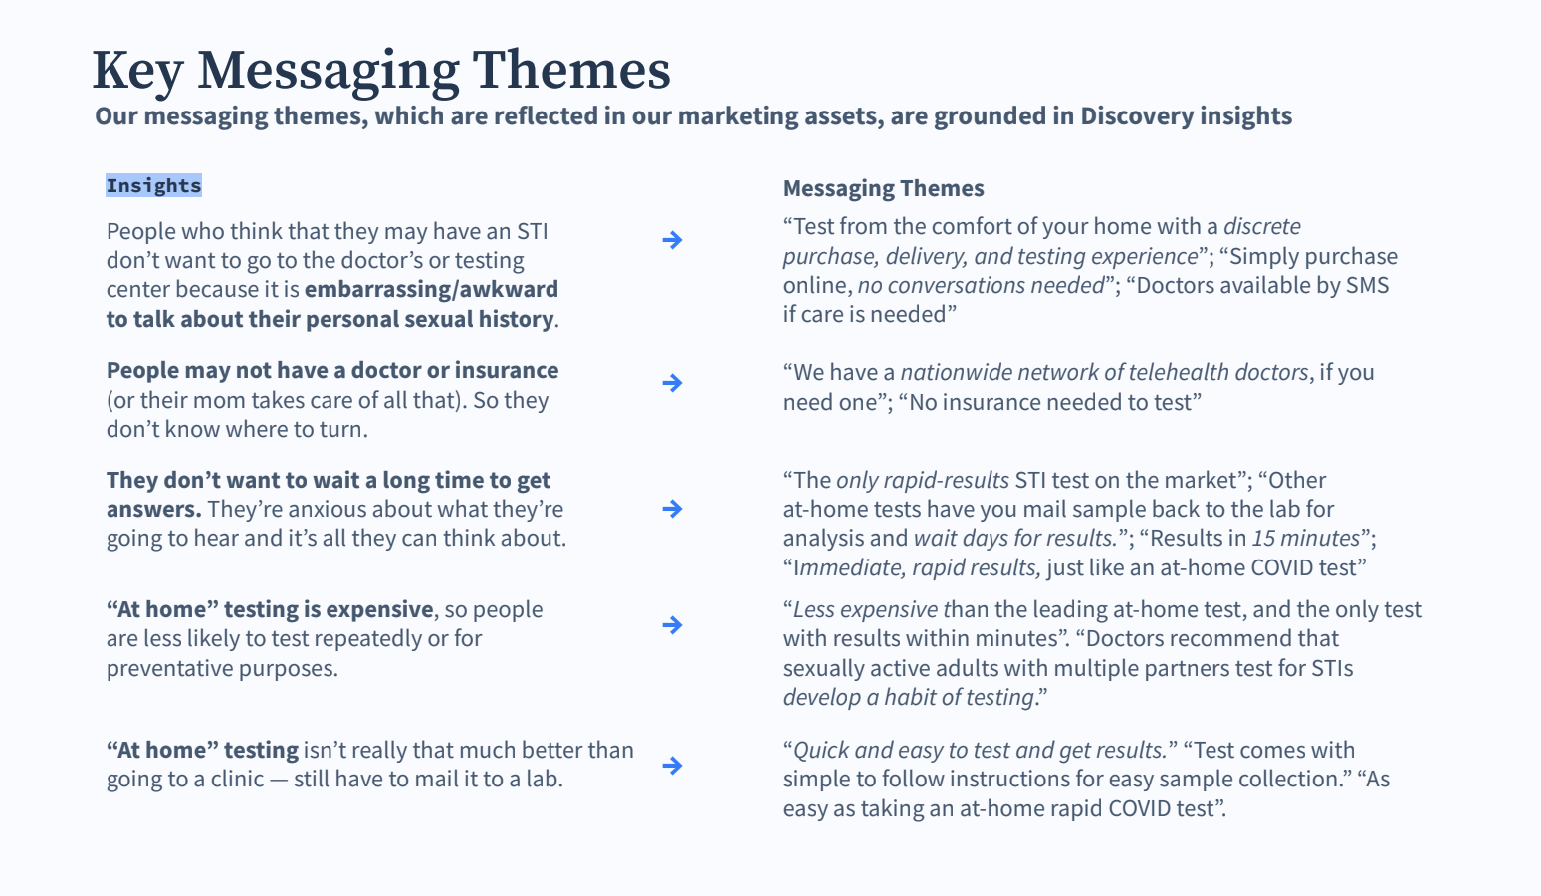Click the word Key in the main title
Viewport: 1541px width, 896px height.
point(137,71)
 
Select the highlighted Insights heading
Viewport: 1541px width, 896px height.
point(153,185)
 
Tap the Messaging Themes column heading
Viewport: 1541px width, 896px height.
point(883,188)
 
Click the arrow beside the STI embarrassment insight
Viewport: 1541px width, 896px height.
point(672,240)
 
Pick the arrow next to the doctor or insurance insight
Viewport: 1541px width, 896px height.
point(672,382)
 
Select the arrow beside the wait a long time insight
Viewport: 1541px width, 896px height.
point(672,509)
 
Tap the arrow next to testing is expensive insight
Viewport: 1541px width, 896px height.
point(672,625)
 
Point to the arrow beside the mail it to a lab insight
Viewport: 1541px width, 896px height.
point(672,765)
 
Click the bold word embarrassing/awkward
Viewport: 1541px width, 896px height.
point(431,289)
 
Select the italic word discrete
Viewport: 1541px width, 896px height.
point(1261,226)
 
